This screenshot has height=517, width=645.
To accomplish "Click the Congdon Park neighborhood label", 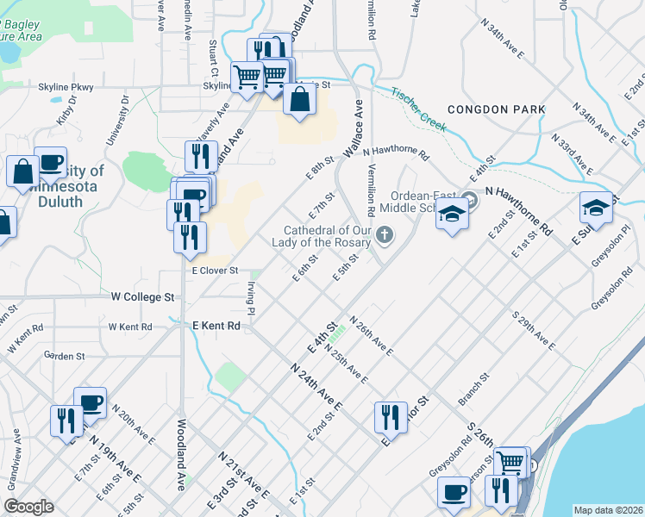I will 496,109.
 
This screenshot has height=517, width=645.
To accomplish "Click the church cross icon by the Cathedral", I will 385,234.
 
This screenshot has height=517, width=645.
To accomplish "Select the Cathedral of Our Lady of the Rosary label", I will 329,236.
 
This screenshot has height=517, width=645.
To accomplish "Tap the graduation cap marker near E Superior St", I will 596,209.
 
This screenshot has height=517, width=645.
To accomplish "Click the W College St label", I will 143,296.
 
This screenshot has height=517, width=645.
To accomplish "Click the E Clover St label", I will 215,271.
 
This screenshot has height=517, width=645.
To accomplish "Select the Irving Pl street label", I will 251,297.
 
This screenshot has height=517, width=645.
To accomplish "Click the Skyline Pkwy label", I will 65,87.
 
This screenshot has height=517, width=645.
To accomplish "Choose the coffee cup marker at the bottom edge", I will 454,494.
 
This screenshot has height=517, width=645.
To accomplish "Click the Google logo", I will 28,507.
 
